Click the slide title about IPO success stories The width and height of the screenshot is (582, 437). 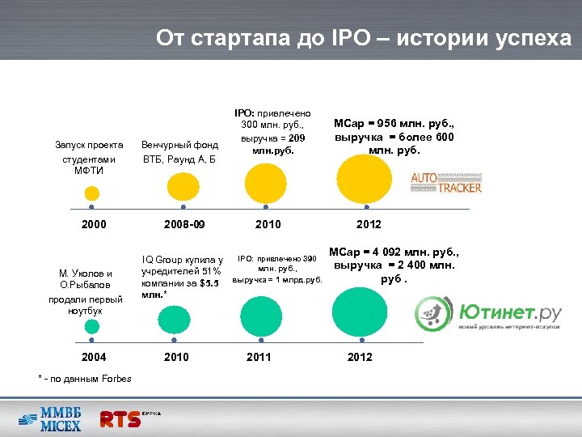coord(363,37)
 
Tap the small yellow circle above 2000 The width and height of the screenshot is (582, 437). coord(92,193)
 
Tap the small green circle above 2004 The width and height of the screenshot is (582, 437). coord(92,326)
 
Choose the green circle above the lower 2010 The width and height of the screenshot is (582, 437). coord(175,320)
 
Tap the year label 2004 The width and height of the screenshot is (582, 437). coord(92,357)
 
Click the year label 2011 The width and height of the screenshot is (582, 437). coord(259,357)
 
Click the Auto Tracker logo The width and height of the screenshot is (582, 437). coord(446,182)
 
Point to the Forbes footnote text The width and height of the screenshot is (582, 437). coord(79,378)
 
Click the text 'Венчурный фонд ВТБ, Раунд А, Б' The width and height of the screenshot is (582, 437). coord(179,151)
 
